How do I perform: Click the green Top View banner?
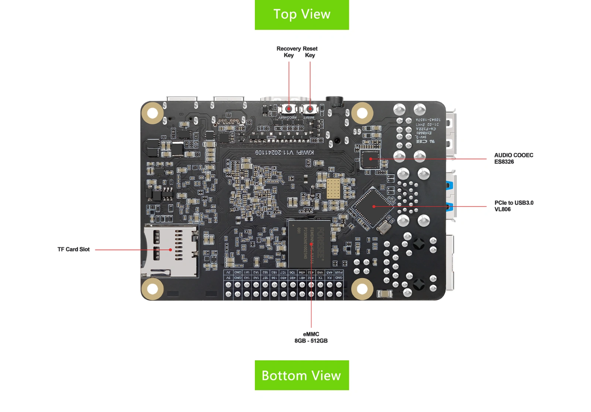point(302,15)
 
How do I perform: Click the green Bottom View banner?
point(302,375)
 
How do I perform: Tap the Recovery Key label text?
point(288,52)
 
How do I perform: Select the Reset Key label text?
point(310,52)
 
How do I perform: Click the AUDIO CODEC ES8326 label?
point(513,158)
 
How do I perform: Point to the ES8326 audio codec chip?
point(370,159)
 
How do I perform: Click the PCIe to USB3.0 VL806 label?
point(514,206)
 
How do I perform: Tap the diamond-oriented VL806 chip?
point(373,206)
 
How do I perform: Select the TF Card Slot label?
point(74,250)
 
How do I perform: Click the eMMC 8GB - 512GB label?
point(311,337)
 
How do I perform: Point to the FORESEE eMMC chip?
point(309,244)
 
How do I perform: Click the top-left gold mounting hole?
point(152,113)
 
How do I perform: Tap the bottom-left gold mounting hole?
point(152,289)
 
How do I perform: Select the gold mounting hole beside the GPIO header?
point(362,289)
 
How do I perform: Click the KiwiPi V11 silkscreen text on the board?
point(284,152)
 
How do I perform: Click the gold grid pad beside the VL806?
point(333,189)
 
